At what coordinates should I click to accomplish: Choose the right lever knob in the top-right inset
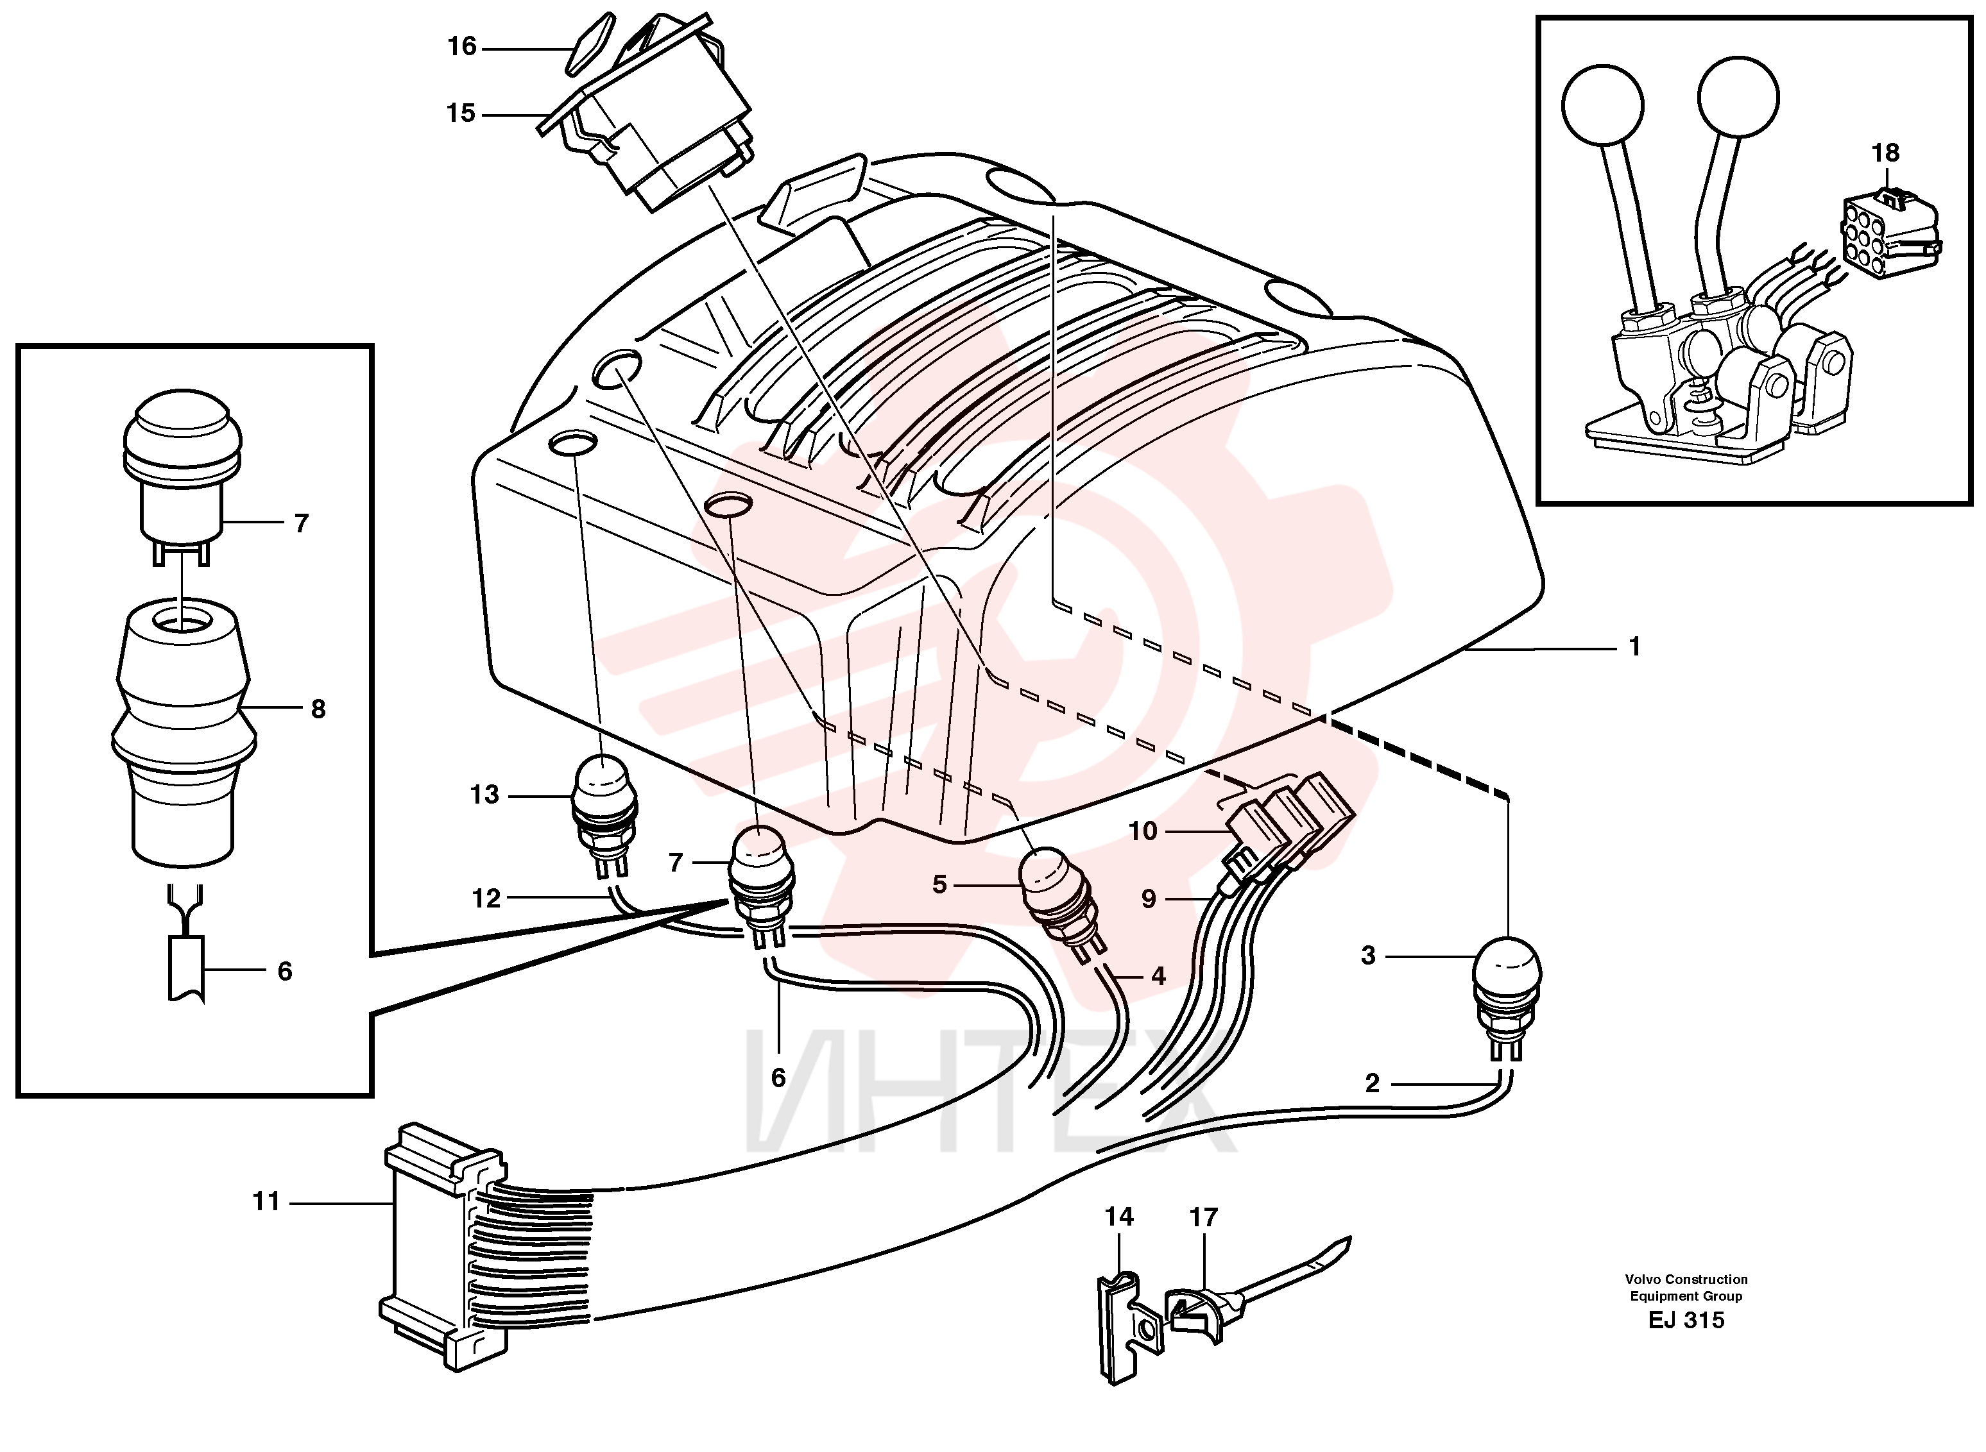click(x=1739, y=96)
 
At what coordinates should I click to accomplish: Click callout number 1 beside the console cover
click(x=1635, y=647)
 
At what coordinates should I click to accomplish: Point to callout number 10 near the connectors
click(x=1143, y=831)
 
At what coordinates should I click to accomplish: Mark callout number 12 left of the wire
click(x=486, y=899)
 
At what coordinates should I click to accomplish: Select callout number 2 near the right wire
click(x=1373, y=1084)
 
